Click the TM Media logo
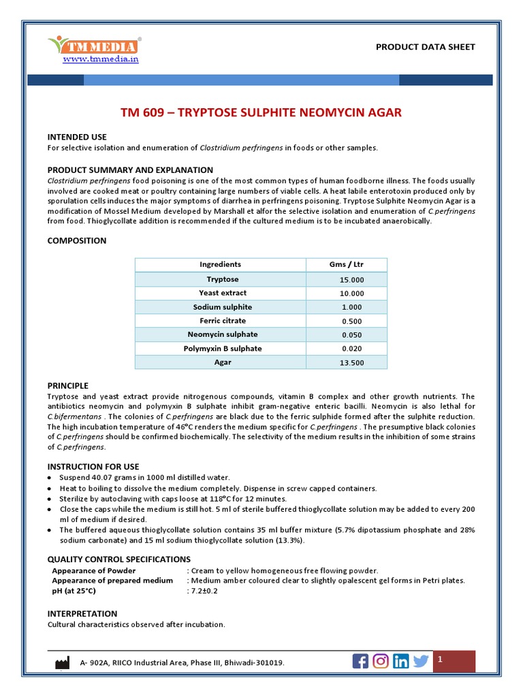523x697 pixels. pyautogui.click(x=95, y=45)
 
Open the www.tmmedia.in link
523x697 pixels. pyautogui.click(x=101, y=59)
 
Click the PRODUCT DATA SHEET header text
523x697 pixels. pyautogui.click(x=425, y=47)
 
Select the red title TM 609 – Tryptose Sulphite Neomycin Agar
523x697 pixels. pyautogui.click(x=261, y=112)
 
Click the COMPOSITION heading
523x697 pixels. pyautogui.click(x=77, y=241)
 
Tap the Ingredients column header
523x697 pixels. pyautogui.click(x=220, y=265)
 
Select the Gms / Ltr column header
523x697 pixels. pyautogui.click(x=346, y=265)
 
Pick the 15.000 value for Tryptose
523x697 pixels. pyautogui.click(x=352, y=280)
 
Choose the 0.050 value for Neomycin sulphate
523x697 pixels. pyautogui.click(x=352, y=335)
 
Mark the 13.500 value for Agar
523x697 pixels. pyautogui.click(x=352, y=363)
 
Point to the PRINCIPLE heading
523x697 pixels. pyautogui.click(x=67, y=386)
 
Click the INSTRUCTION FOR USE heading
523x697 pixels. pyautogui.click(x=93, y=467)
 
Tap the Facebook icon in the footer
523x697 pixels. pyautogui.click(x=360, y=661)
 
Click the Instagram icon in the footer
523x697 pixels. pyautogui.click(x=381, y=661)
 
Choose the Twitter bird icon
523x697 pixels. pyautogui.click(x=421, y=661)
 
